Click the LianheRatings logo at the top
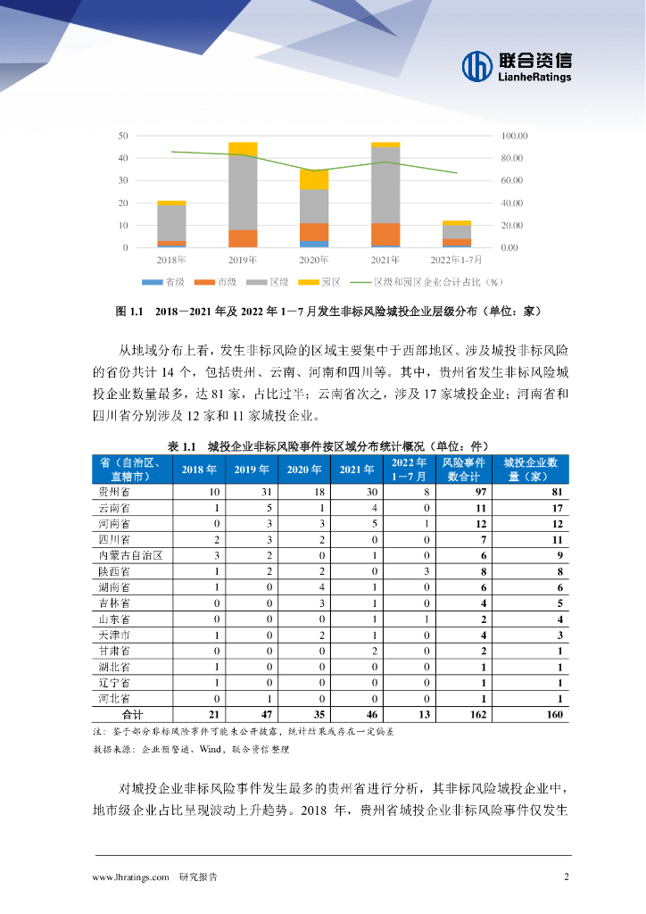[517, 65]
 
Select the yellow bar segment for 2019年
[243, 148]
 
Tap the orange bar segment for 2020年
[313, 231]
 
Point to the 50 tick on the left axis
[123, 136]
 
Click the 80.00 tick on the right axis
[515, 158]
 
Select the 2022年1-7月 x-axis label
[456, 260]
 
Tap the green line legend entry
[427, 282]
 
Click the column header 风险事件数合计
[464, 469]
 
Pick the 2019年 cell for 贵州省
[252, 492]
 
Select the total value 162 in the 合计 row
[464, 714]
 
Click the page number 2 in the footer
[566, 877]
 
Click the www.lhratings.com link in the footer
[130, 877]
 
